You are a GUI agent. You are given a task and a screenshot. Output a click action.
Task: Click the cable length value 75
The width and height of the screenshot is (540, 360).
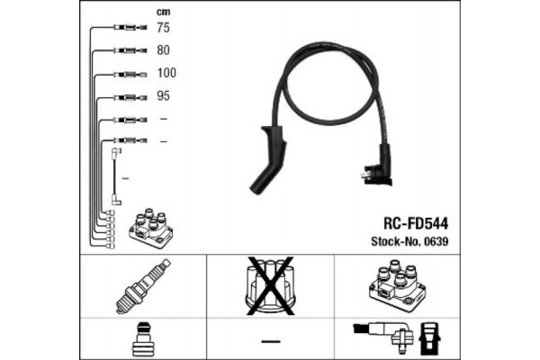(163, 27)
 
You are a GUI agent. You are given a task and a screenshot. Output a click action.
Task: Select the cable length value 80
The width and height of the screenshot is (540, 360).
(163, 50)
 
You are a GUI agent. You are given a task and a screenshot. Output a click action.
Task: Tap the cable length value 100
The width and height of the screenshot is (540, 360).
(166, 73)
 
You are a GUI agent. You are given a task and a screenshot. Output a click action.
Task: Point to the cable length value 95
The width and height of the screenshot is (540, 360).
(163, 95)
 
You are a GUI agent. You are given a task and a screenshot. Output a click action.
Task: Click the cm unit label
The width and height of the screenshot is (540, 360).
(163, 12)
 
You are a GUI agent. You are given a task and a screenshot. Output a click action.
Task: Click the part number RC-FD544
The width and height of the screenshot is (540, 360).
(416, 223)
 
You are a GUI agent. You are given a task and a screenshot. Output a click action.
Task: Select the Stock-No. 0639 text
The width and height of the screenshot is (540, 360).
(409, 241)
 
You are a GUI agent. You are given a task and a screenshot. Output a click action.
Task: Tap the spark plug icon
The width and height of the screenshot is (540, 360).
(143, 286)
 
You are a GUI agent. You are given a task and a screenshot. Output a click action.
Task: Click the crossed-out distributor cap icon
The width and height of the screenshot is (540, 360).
(270, 285)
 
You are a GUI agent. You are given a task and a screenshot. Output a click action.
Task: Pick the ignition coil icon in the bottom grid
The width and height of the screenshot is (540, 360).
(398, 285)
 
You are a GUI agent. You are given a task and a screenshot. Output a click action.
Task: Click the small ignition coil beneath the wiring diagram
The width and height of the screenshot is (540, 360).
(150, 228)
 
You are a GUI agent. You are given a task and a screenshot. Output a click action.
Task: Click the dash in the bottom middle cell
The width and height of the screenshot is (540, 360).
(271, 341)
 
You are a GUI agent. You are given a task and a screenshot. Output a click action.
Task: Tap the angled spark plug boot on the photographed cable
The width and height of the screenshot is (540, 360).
(268, 159)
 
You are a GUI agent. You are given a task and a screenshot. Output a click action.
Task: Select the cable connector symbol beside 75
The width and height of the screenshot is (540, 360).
(130, 27)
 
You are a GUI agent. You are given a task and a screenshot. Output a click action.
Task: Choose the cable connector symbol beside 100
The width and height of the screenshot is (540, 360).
(130, 75)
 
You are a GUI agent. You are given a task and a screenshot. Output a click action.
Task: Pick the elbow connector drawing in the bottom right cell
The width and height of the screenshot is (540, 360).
(383, 335)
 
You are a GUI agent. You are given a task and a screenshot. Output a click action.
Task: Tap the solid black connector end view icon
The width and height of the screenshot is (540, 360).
(429, 339)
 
